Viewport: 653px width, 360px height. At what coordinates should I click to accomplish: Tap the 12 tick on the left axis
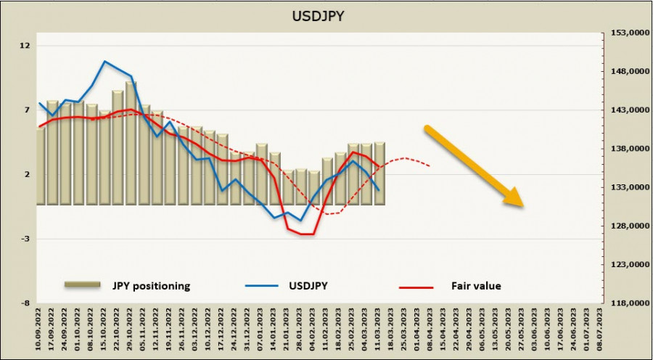point(26,46)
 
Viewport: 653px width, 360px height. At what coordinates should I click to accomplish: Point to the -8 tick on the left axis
point(26,303)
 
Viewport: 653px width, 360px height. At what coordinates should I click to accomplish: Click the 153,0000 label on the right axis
point(628,33)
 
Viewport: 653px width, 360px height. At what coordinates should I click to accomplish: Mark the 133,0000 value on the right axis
point(628,187)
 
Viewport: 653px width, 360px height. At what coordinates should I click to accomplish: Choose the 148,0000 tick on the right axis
point(628,72)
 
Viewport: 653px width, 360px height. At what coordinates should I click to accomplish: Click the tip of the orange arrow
point(522,205)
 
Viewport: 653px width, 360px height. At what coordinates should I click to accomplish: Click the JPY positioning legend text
point(151,286)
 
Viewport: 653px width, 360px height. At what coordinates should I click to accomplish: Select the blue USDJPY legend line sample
point(262,287)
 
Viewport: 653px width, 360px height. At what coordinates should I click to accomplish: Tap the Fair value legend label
point(477,286)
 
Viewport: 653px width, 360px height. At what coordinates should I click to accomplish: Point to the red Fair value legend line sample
point(416,287)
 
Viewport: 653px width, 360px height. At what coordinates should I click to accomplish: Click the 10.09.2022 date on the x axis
point(40,330)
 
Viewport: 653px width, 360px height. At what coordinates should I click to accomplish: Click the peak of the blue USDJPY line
point(105,61)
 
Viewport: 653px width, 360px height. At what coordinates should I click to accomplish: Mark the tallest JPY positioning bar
point(131,142)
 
